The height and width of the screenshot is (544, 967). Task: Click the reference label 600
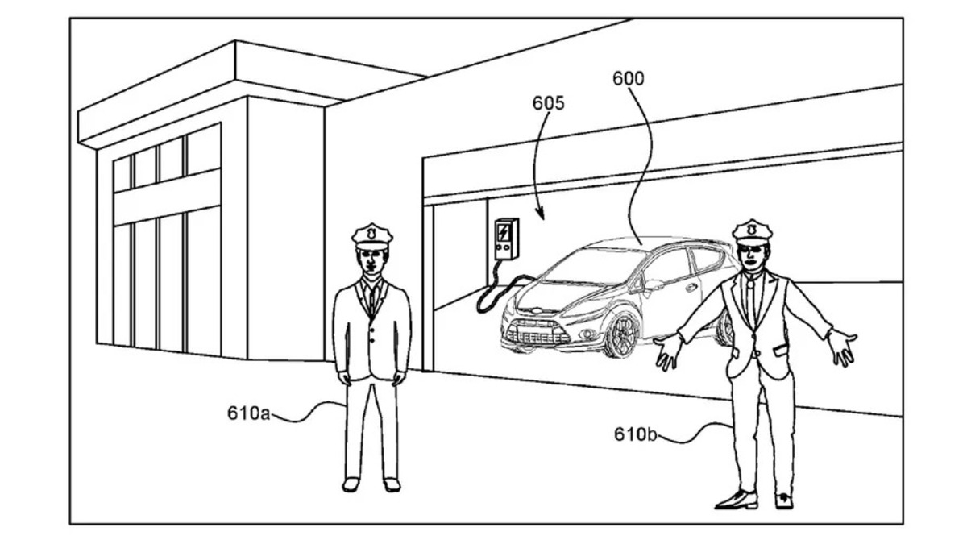coord(628,79)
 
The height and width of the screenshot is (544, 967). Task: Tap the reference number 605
coord(548,103)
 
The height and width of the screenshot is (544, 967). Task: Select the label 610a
coord(247,413)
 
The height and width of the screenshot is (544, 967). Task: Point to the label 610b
coord(635,434)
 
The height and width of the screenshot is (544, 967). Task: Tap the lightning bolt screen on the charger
coord(505,233)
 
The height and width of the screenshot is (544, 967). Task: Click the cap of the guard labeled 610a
coord(371,235)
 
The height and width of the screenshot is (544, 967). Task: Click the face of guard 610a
coord(371,260)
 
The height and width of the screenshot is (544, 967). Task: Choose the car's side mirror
coord(651,284)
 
